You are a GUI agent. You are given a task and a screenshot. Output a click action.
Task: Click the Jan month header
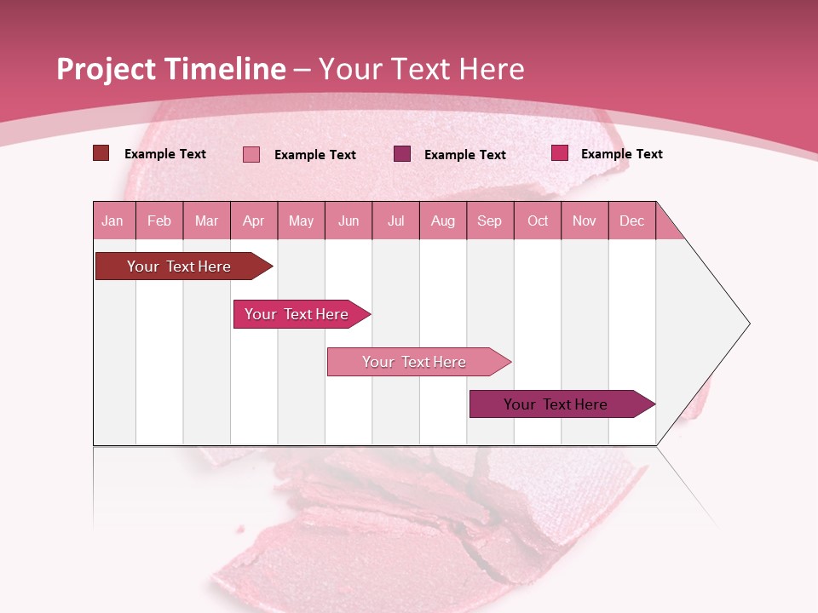(113, 221)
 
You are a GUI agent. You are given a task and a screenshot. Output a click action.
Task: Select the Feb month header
(159, 221)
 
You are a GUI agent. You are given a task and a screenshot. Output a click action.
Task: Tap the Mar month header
(206, 221)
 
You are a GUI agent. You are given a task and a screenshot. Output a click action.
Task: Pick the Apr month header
(254, 221)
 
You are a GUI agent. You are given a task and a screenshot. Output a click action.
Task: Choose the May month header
(301, 221)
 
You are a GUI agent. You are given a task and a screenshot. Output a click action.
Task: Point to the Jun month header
(349, 221)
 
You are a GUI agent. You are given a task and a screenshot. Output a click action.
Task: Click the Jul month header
(395, 221)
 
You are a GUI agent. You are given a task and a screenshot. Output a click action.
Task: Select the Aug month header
(443, 221)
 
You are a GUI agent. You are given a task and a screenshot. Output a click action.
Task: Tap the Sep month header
(490, 221)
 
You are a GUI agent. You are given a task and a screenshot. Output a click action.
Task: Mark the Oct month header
(538, 221)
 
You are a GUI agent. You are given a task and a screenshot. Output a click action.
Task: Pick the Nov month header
(585, 221)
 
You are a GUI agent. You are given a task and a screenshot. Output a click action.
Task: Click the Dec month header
(631, 221)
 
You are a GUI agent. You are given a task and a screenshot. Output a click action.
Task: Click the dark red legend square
(101, 153)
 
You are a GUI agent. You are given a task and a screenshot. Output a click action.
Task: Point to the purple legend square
(402, 153)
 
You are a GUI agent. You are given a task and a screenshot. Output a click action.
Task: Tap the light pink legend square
(251, 154)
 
